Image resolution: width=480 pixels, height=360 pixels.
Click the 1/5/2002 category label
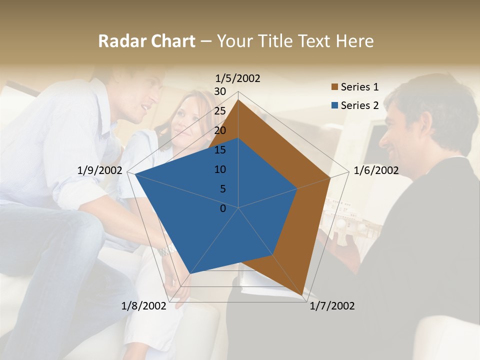point(238,78)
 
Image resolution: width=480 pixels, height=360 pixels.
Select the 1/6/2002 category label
point(376,170)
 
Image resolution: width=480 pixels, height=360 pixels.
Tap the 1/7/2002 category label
point(332,306)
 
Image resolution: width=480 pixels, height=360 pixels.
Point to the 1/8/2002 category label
point(143,306)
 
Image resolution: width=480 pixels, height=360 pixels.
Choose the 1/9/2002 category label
point(100,170)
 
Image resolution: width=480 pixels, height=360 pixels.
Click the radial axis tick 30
point(220,91)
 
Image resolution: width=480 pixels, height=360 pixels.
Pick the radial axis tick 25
point(220,111)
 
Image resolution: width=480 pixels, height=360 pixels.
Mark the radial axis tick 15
point(220,150)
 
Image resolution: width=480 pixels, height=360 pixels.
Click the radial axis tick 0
point(223,208)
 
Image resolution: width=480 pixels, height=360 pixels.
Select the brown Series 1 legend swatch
point(335,87)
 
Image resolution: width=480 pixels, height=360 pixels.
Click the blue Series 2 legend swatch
point(335,105)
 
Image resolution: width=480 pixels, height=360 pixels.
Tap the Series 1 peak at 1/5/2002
point(238,99)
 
